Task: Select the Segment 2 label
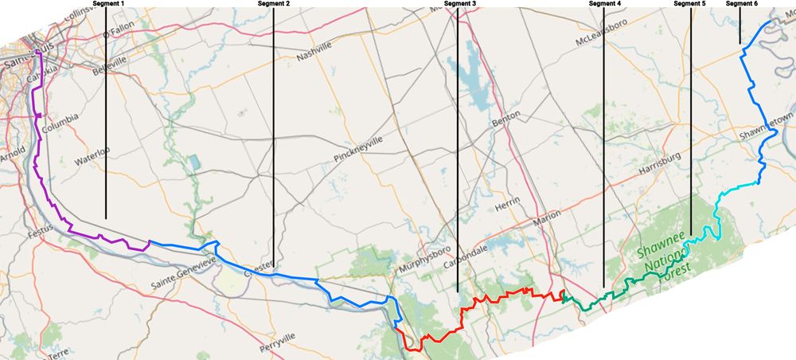274,4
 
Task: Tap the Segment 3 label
460,4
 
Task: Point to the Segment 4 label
605,4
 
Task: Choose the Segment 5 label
689,4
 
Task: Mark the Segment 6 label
742,4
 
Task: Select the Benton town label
506,116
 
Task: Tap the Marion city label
547,215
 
